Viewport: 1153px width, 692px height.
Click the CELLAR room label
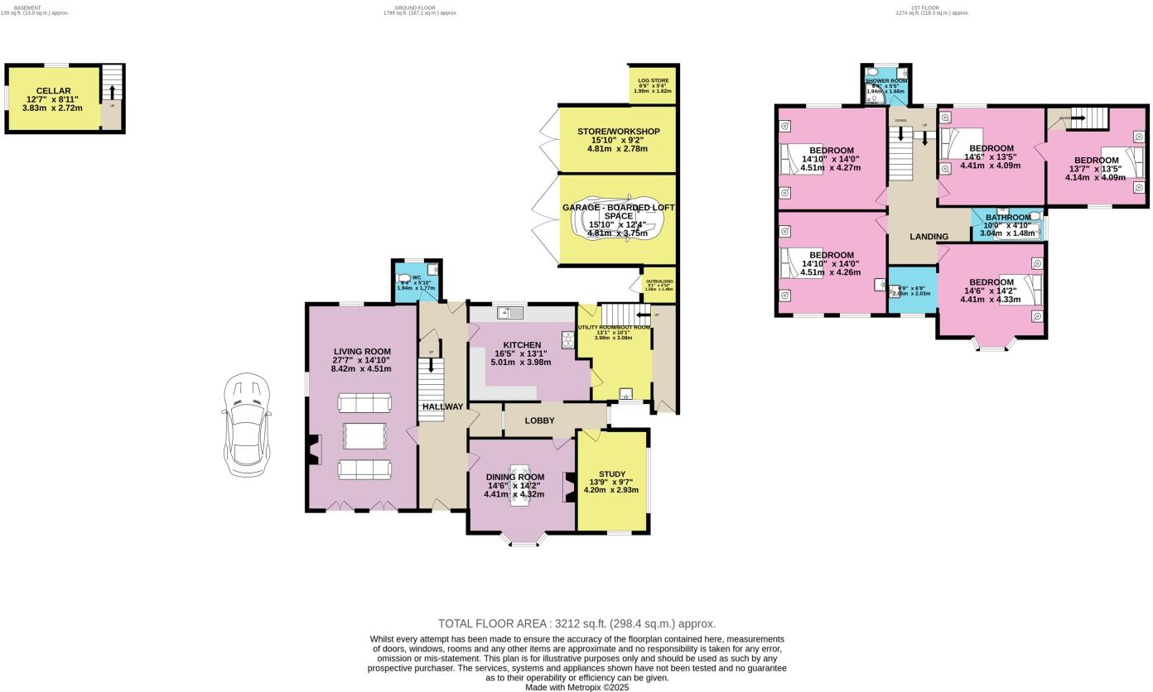click(53, 91)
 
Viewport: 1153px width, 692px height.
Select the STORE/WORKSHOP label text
click(610, 132)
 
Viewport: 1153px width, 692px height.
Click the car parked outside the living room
click(247, 424)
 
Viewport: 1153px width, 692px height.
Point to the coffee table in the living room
click(364, 435)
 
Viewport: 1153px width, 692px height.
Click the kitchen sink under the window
click(509, 313)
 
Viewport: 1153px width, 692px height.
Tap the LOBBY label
click(539, 420)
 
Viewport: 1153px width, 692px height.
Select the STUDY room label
click(612, 474)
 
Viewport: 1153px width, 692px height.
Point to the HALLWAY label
click(442, 406)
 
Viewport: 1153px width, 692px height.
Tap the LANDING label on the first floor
click(929, 237)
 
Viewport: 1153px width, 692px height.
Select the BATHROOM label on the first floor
click(1008, 218)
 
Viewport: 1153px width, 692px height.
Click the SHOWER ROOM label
click(886, 81)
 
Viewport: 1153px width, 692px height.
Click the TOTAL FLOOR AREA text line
click(576, 623)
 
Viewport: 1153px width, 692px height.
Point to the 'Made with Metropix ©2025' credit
click(576, 687)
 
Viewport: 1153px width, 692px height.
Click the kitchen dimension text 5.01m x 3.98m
click(521, 362)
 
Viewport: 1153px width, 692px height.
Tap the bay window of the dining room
click(523, 542)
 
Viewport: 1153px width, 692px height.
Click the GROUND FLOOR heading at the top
click(414, 7)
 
